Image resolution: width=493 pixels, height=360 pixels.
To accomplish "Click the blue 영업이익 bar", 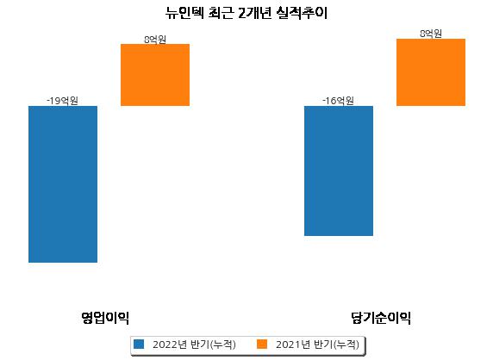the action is pos(63,184).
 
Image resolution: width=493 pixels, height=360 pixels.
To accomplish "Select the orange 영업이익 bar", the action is pos(155,75).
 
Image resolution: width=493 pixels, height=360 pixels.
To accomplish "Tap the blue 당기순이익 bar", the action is pos(339,171).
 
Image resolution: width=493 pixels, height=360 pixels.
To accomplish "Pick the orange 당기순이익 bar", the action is pos(431,72).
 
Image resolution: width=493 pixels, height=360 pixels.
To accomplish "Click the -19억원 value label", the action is pos(62,101).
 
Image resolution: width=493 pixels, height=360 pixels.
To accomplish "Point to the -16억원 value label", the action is pos(338,101).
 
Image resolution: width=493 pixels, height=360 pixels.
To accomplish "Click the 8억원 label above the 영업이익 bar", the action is pos(155,40).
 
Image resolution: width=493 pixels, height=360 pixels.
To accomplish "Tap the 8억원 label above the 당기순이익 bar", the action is pos(431,34).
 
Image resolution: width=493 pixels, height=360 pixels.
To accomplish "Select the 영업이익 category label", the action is pos(105,318).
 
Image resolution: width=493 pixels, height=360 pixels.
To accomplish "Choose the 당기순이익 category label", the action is pos(381,318).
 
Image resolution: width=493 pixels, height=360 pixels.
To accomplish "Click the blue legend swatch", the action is pos(139,344).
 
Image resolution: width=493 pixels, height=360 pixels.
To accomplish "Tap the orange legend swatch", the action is pos(262,344).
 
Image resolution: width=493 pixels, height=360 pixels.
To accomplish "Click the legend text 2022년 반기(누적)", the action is pos(194,344).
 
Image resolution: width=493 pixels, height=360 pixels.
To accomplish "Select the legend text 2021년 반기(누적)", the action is pos(317,344).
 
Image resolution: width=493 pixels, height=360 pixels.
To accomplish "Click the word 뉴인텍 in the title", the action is pos(184,13).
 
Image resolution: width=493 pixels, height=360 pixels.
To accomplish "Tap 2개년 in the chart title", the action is pos(255,13).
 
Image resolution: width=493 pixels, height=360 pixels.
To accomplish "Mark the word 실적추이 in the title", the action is pos(302,13).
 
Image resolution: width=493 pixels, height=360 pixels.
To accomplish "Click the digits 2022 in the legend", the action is pos(165,344).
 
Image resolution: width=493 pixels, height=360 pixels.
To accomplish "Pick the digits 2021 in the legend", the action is pos(288,344).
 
